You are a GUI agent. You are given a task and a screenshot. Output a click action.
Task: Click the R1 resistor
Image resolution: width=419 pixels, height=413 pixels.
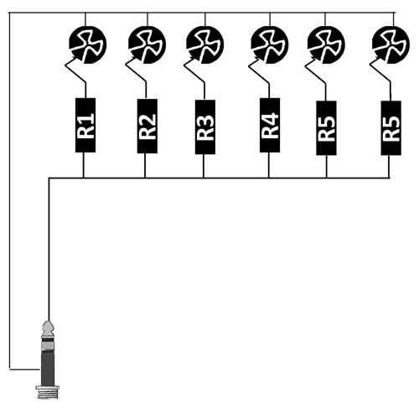(85, 125)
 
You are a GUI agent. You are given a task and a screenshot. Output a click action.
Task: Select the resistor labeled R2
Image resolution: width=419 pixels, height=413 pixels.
(147, 126)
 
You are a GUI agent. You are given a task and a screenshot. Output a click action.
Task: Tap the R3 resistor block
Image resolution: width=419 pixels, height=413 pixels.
(205, 126)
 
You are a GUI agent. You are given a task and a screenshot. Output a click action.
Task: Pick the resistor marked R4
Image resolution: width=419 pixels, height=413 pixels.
(270, 125)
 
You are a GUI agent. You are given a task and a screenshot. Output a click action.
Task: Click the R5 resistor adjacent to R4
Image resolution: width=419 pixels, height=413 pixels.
(326, 128)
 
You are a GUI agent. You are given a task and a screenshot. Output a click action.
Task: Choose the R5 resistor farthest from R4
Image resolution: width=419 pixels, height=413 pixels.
(391, 128)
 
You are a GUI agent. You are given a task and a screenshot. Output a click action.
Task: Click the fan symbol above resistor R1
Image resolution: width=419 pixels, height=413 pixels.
(87, 44)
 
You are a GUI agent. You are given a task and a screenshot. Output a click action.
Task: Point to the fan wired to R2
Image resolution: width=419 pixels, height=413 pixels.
(147, 44)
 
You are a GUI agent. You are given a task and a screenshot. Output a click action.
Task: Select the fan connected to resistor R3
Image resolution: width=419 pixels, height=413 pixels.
(205, 44)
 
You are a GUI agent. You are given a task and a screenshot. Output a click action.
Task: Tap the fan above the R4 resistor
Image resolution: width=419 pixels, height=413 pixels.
(270, 44)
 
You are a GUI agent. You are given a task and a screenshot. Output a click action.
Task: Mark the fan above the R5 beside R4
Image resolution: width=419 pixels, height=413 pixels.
(326, 44)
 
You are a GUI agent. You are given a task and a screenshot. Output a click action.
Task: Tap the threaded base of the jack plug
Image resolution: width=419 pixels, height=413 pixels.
(48, 393)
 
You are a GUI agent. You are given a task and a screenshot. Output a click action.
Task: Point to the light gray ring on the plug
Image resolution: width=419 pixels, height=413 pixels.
(48, 347)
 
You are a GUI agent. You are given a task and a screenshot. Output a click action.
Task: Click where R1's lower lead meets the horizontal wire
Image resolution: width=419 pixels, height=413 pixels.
(83, 178)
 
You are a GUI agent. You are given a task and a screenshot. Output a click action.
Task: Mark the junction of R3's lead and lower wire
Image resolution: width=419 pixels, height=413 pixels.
(204, 178)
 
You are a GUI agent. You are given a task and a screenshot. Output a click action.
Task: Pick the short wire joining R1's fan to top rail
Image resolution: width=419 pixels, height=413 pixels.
(85, 19)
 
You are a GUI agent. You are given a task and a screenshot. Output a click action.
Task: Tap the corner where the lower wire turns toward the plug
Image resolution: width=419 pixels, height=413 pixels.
(49, 178)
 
